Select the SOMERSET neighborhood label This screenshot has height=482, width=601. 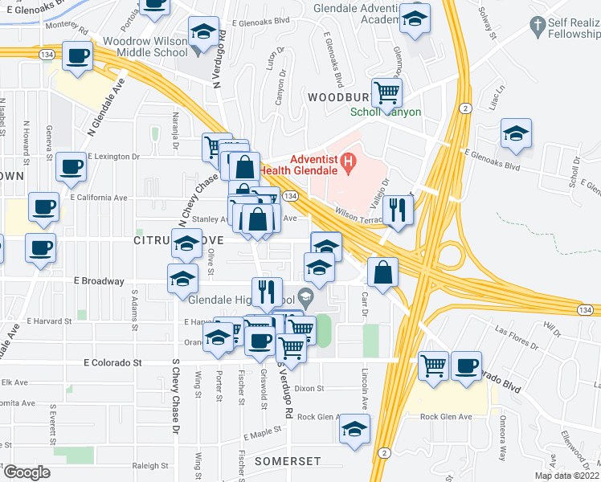288,462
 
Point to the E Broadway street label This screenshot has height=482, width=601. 99,281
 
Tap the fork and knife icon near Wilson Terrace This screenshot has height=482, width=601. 399,210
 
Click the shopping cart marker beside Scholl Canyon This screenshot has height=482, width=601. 387,92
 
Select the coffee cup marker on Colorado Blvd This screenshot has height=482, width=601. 466,366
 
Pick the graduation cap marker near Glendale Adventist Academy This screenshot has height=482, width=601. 415,18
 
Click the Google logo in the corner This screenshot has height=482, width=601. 27,472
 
